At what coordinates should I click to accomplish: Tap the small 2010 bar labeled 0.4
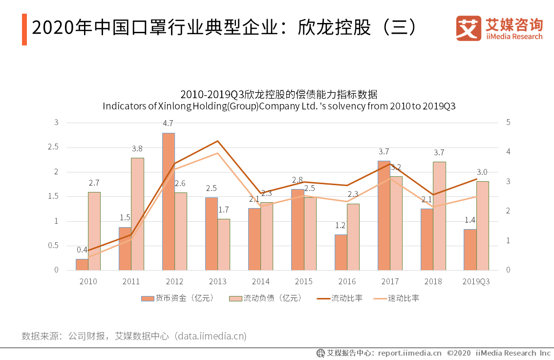point(82,264)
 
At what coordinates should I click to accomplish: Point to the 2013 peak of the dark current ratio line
point(217,141)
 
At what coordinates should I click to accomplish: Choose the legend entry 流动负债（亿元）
point(266,298)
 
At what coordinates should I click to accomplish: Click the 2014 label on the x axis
point(260,281)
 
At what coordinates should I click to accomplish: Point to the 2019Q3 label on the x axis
point(476,281)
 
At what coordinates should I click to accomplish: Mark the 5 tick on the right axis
point(508,123)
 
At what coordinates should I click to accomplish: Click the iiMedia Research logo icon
point(469,28)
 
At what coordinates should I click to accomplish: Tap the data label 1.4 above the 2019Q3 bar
point(470,220)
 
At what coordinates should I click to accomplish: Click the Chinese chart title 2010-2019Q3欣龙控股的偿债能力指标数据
point(279,94)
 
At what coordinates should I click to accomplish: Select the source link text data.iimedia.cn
point(211,336)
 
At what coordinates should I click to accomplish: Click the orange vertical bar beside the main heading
point(24,29)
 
